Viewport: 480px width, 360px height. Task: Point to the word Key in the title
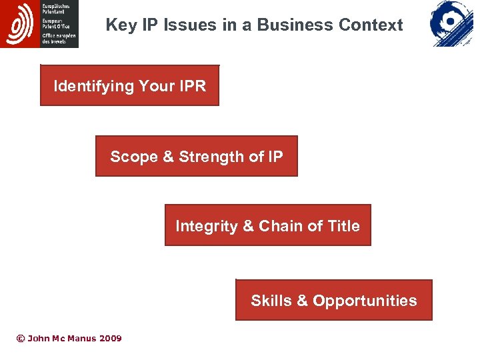point(121,25)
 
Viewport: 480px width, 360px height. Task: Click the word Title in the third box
point(343,226)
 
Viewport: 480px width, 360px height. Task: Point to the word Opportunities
point(365,301)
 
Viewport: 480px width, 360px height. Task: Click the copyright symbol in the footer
point(20,339)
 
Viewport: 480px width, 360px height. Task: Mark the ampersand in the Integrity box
point(248,226)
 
